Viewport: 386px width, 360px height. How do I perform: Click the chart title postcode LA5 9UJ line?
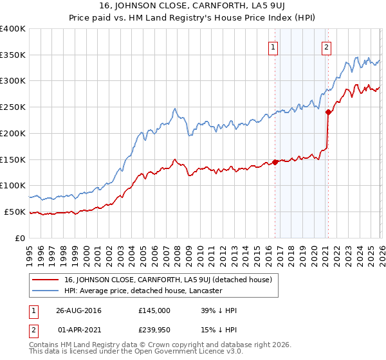click(x=193, y=6)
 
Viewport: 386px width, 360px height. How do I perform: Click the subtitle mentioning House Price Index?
click(x=193, y=17)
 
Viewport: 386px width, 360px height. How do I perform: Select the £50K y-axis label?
click(x=15, y=212)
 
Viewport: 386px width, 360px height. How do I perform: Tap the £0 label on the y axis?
click(x=20, y=238)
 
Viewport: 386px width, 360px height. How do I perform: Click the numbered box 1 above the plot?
click(x=273, y=46)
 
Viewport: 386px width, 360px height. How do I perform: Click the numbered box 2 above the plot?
click(x=327, y=46)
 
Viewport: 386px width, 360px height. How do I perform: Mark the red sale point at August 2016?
click(x=275, y=162)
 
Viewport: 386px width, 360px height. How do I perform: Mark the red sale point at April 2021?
click(x=328, y=113)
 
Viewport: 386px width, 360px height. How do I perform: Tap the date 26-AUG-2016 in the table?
click(x=78, y=310)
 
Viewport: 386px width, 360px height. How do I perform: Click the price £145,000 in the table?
click(x=154, y=310)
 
